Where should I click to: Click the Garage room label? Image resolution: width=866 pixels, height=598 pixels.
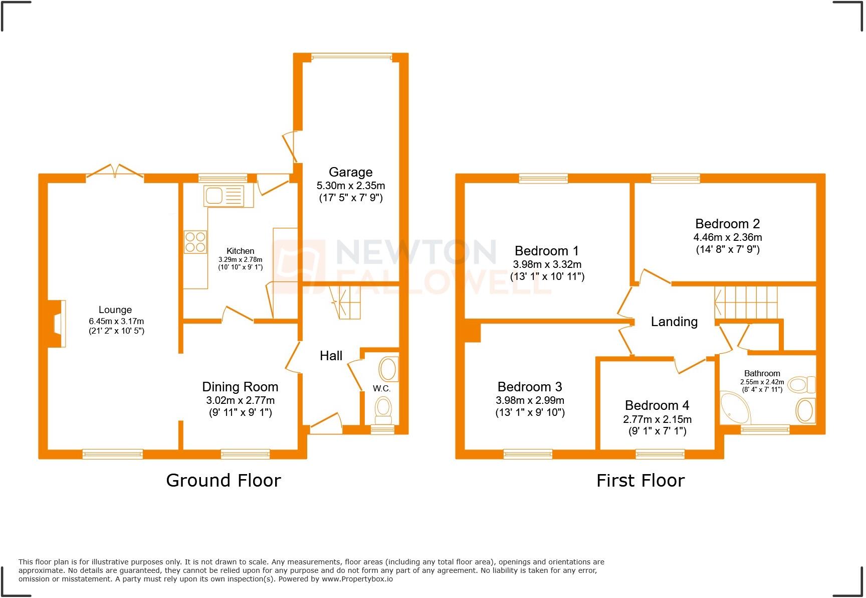click(x=350, y=172)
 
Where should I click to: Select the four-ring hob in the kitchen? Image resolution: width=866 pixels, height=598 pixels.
click(x=195, y=241)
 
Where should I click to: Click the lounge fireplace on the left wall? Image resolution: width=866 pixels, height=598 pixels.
click(x=59, y=323)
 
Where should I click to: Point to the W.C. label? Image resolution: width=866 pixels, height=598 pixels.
click(x=381, y=388)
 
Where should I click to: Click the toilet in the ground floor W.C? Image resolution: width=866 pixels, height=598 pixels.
click(x=384, y=411)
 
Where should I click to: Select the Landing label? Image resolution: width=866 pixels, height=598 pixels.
click(x=674, y=322)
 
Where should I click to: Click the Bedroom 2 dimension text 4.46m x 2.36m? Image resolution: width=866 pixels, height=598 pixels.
click(x=727, y=237)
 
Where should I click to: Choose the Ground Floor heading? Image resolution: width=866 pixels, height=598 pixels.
click(x=224, y=481)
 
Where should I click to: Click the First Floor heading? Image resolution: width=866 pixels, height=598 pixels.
click(x=640, y=481)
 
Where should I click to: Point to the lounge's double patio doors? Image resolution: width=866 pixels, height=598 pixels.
click(x=115, y=172)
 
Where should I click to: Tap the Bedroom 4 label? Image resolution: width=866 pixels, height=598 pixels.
click(x=657, y=405)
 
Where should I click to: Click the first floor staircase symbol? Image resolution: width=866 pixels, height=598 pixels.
click(x=746, y=303)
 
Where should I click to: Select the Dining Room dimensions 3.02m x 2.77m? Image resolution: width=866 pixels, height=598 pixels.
click(x=240, y=400)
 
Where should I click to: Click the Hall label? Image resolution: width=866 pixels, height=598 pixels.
click(x=331, y=356)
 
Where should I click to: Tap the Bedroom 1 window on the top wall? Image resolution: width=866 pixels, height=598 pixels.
click(x=543, y=178)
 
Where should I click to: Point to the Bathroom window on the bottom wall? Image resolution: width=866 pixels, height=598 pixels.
click(x=765, y=429)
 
